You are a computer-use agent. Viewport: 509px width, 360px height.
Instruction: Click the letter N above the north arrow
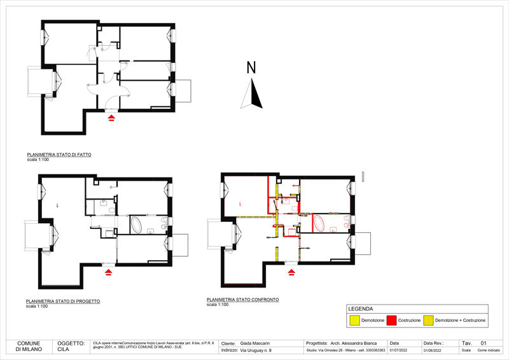pos(251,67)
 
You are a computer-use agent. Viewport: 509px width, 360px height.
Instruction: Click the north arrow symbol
pos(253,94)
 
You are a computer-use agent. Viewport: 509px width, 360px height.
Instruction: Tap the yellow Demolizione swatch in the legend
pos(354,321)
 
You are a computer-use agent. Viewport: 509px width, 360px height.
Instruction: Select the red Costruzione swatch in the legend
pos(391,321)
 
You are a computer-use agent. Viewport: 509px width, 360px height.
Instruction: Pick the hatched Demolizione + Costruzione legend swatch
pos(428,321)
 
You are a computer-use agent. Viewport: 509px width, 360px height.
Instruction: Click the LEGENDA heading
pos(361,308)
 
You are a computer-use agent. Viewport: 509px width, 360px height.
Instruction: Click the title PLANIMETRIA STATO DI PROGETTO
pos(62,301)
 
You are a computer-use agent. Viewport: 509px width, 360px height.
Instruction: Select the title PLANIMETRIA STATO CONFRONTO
pos(242,300)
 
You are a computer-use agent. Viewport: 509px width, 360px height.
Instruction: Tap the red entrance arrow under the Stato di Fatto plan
pos(112,118)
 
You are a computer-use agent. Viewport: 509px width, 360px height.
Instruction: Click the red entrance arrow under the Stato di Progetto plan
pos(108,272)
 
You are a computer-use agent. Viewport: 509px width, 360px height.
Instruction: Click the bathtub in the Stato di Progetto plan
pos(139,225)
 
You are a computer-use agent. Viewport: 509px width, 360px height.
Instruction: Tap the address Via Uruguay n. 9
pos(254,350)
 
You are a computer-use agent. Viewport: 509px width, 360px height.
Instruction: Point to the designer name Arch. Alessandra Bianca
pos(354,342)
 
